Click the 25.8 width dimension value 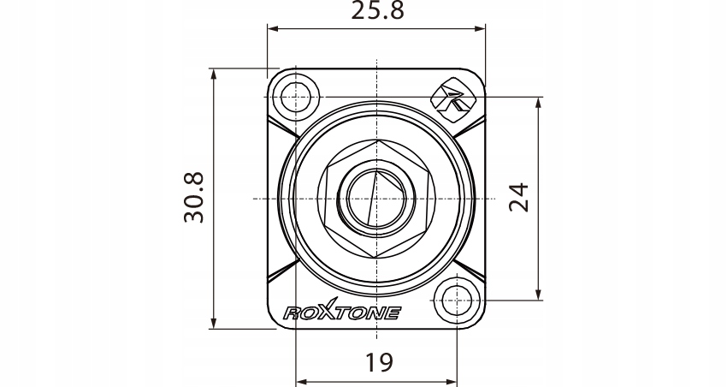tap(377, 10)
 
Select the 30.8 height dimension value tap(194, 198)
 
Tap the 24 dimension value tap(519, 198)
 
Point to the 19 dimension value tap(379, 362)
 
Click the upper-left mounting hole tap(295, 97)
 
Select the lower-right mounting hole tap(458, 301)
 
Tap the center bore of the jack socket tap(376, 199)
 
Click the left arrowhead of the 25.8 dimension tap(273, 29)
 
